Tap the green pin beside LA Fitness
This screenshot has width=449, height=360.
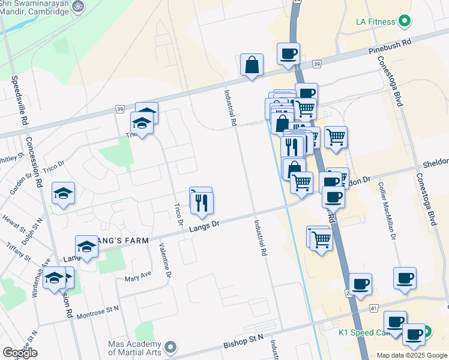[x=405, y=22]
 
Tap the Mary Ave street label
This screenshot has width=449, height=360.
[x=138, y=276]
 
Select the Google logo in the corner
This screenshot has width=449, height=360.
[x=20, y=353]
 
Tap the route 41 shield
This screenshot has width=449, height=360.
[x=374, y=308]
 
